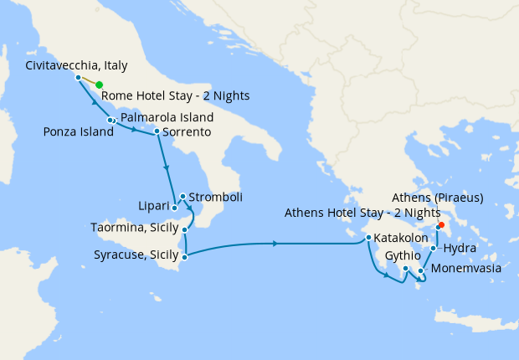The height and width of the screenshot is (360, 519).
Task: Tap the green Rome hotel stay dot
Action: (x=99, y=85)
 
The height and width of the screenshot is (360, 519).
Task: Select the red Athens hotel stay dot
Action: (x=441, y=224)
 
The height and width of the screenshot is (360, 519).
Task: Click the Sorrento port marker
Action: (x=157, y=131)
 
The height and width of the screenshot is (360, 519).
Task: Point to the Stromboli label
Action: (x=215, y=198)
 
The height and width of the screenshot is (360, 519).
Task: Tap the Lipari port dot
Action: (x=174, y=208)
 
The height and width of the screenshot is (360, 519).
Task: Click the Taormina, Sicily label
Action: (x=134, y=228)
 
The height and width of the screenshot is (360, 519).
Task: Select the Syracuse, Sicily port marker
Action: (x=185, y=257)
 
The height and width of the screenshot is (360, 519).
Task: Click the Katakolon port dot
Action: (x=369, y=239)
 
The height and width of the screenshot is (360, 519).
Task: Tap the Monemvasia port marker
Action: (x=420, y=270)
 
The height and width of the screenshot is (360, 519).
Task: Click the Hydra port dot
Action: (x=433, y=248)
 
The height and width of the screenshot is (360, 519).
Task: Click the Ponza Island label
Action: (x=78, y=131)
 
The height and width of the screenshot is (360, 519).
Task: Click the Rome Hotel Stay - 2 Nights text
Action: (x=175, y=95)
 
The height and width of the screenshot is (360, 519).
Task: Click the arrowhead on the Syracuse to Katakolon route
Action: (x=275, y=244)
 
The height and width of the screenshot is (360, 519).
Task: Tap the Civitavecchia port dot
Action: (x=78, y=77)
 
